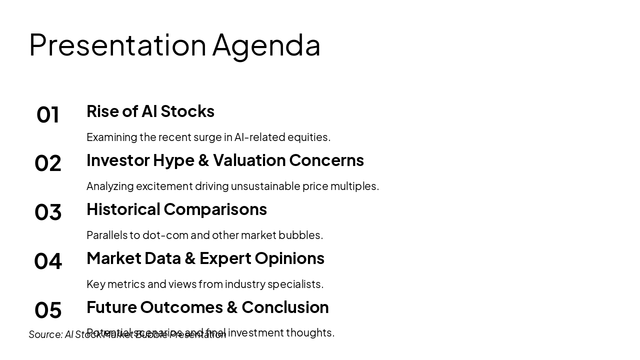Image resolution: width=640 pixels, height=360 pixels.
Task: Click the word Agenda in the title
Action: coord(266,45)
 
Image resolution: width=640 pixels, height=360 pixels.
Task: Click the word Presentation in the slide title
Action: coord(117,44)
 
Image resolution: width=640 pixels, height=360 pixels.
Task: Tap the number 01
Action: coord(48,114)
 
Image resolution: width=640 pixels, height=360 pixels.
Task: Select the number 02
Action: coord(48,163)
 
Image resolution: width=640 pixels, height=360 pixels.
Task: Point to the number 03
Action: coord(48,212)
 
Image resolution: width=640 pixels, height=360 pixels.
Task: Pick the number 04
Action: coord(48,261)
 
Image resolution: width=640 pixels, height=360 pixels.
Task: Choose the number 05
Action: coord(48,310)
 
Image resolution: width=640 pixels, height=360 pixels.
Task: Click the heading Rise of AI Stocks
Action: coord(150,111)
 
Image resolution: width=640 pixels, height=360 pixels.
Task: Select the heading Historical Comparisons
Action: coord(176,209)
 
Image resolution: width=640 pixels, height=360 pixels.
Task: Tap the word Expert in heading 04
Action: coord(225,258)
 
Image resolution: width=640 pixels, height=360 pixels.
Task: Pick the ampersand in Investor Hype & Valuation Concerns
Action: coord(203,160)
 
